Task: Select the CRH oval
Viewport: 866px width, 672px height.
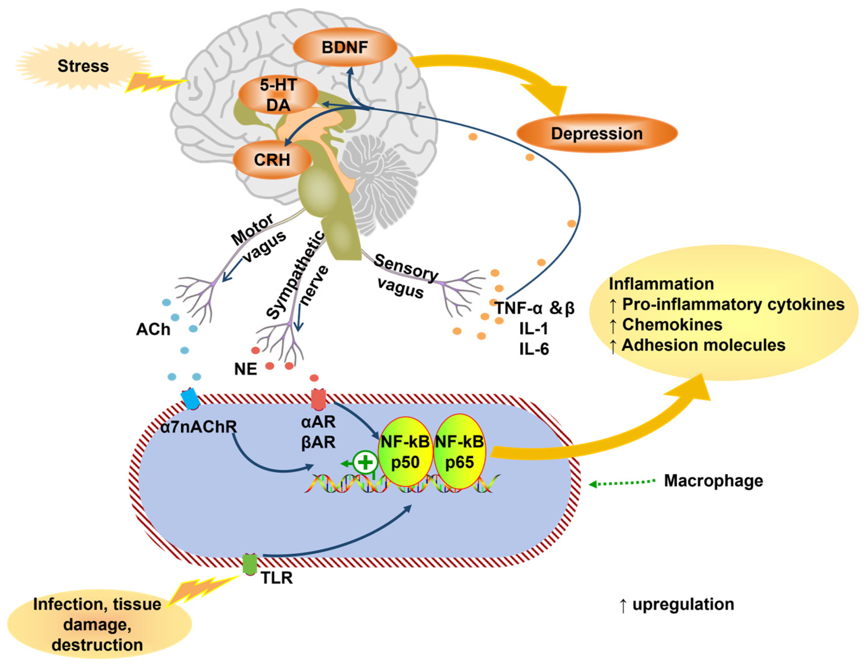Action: (x=272, y=159)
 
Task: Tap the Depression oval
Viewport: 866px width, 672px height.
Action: (x=597, y=133)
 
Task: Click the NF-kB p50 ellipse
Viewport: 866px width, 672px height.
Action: (x=405, y=451)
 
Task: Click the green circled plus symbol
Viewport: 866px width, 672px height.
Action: (x=365, y=462)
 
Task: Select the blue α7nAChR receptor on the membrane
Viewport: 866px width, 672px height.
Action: (x=190, y=399)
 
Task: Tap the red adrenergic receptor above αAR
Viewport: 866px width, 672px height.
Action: (x=318, y=399)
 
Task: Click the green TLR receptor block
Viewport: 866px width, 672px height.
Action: (x=250, y=564)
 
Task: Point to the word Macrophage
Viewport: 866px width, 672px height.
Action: (x=713, y=481)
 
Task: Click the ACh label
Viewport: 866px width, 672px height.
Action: (x=153, y=329)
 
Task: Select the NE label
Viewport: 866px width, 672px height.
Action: (x=245, y=369)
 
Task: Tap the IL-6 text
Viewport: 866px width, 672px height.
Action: (x=534, y=349)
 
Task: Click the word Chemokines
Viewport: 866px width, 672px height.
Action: (x=672, y=325)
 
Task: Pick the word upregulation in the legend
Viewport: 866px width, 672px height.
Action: (x=683, y=604)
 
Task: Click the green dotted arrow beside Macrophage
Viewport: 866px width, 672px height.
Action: (x=622, y=483)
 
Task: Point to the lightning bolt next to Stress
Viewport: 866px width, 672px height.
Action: (x=156, y=82)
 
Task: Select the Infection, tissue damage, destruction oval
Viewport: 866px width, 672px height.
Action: (x=99, y=624)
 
